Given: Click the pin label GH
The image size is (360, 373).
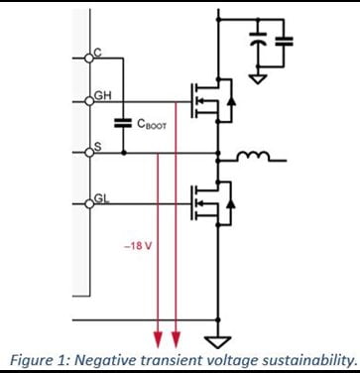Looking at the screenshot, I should coord(103,95).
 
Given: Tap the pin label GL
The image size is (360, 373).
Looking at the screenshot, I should coord(102,198).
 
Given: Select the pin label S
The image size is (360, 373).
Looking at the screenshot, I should coord(97,147).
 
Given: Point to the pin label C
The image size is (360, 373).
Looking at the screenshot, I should coord(97,52).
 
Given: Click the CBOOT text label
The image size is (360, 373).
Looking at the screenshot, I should coord(152,125).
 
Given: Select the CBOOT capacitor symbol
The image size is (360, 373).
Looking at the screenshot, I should coord(124,125).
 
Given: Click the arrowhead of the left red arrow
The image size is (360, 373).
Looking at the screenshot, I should coord(157,332).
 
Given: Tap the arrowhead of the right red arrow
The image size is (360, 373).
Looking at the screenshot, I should coord(176,332).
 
